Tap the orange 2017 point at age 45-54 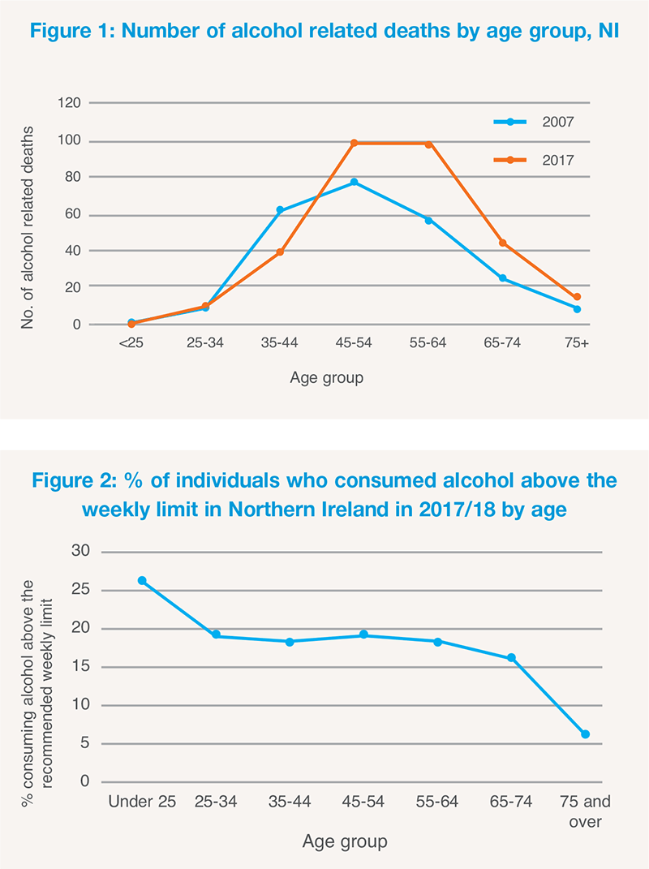click(355, 143)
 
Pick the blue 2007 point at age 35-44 click(280, 210)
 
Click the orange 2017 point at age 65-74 click(503, 243)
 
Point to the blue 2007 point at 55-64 click(428, 220)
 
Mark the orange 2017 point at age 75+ click(577, 297)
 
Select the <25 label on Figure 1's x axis click(131, 344)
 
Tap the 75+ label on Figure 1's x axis click(577, 344)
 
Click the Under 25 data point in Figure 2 click(143, 581)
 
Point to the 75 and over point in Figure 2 click(585, 734)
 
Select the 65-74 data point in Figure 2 click(511, 658)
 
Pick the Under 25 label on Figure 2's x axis click(143, 802)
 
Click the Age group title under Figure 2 click(345, 842)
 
